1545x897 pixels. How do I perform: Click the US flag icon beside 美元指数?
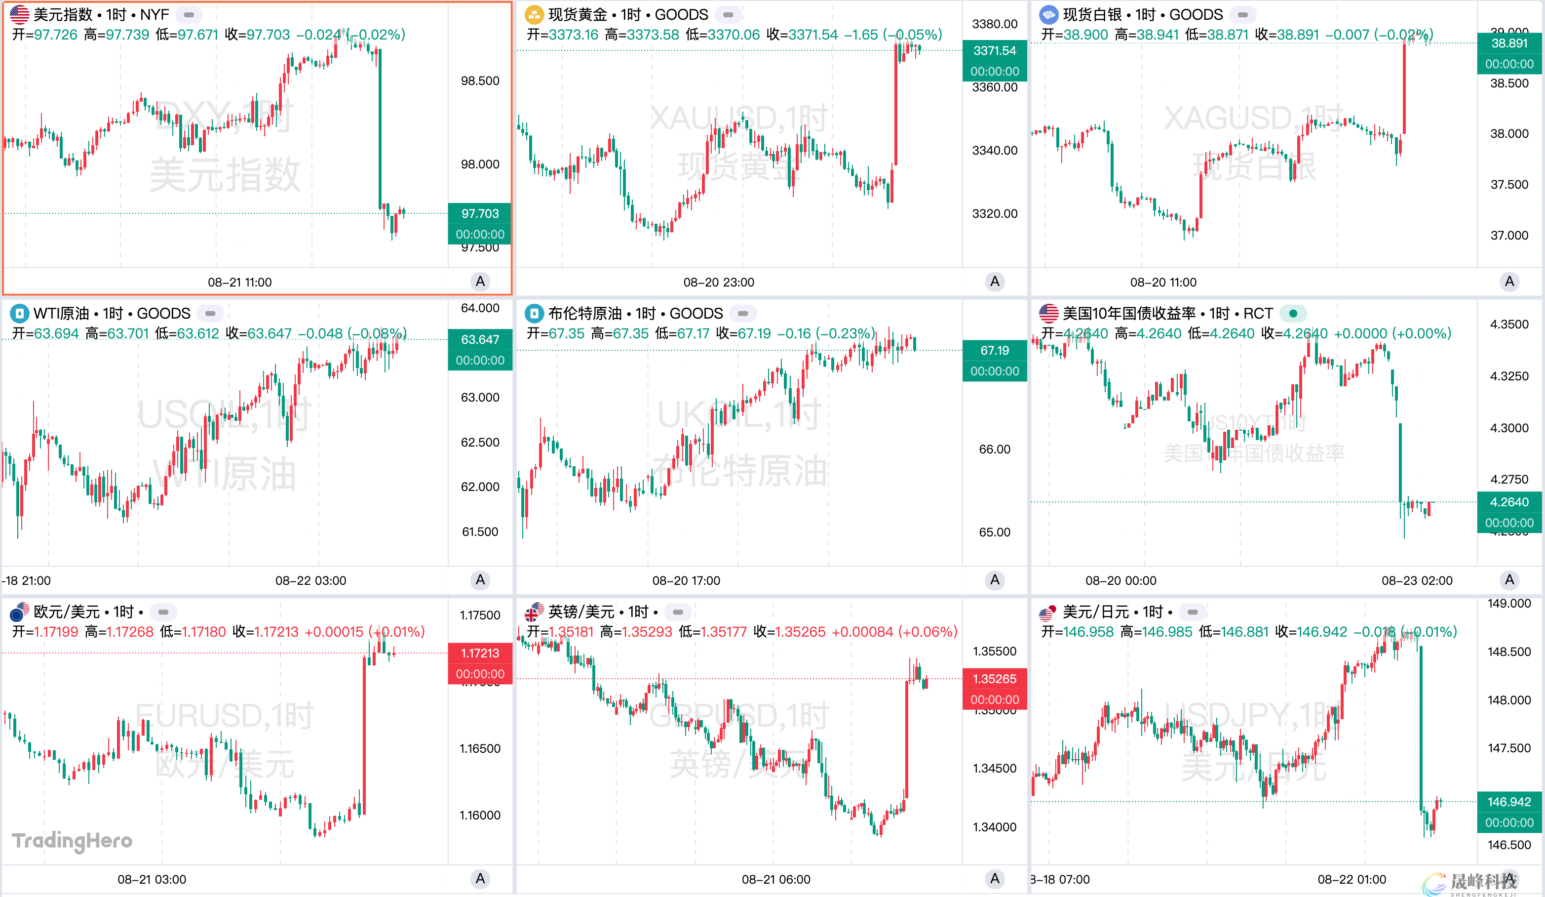click(x=19, y=14)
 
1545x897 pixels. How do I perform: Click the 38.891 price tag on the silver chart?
click(x=1509, y=43)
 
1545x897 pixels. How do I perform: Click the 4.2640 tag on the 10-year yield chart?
click(x=1509, y=502)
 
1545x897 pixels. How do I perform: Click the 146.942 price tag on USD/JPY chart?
click(x=1509, y=802)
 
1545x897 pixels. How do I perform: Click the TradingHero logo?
click(x=73, y=841)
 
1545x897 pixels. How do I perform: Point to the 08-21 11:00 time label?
click(x=240, y=282)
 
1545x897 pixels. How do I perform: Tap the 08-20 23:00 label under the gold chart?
click(x=719, y=282)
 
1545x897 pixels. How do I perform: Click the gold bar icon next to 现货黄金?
click(x=534, y=14)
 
